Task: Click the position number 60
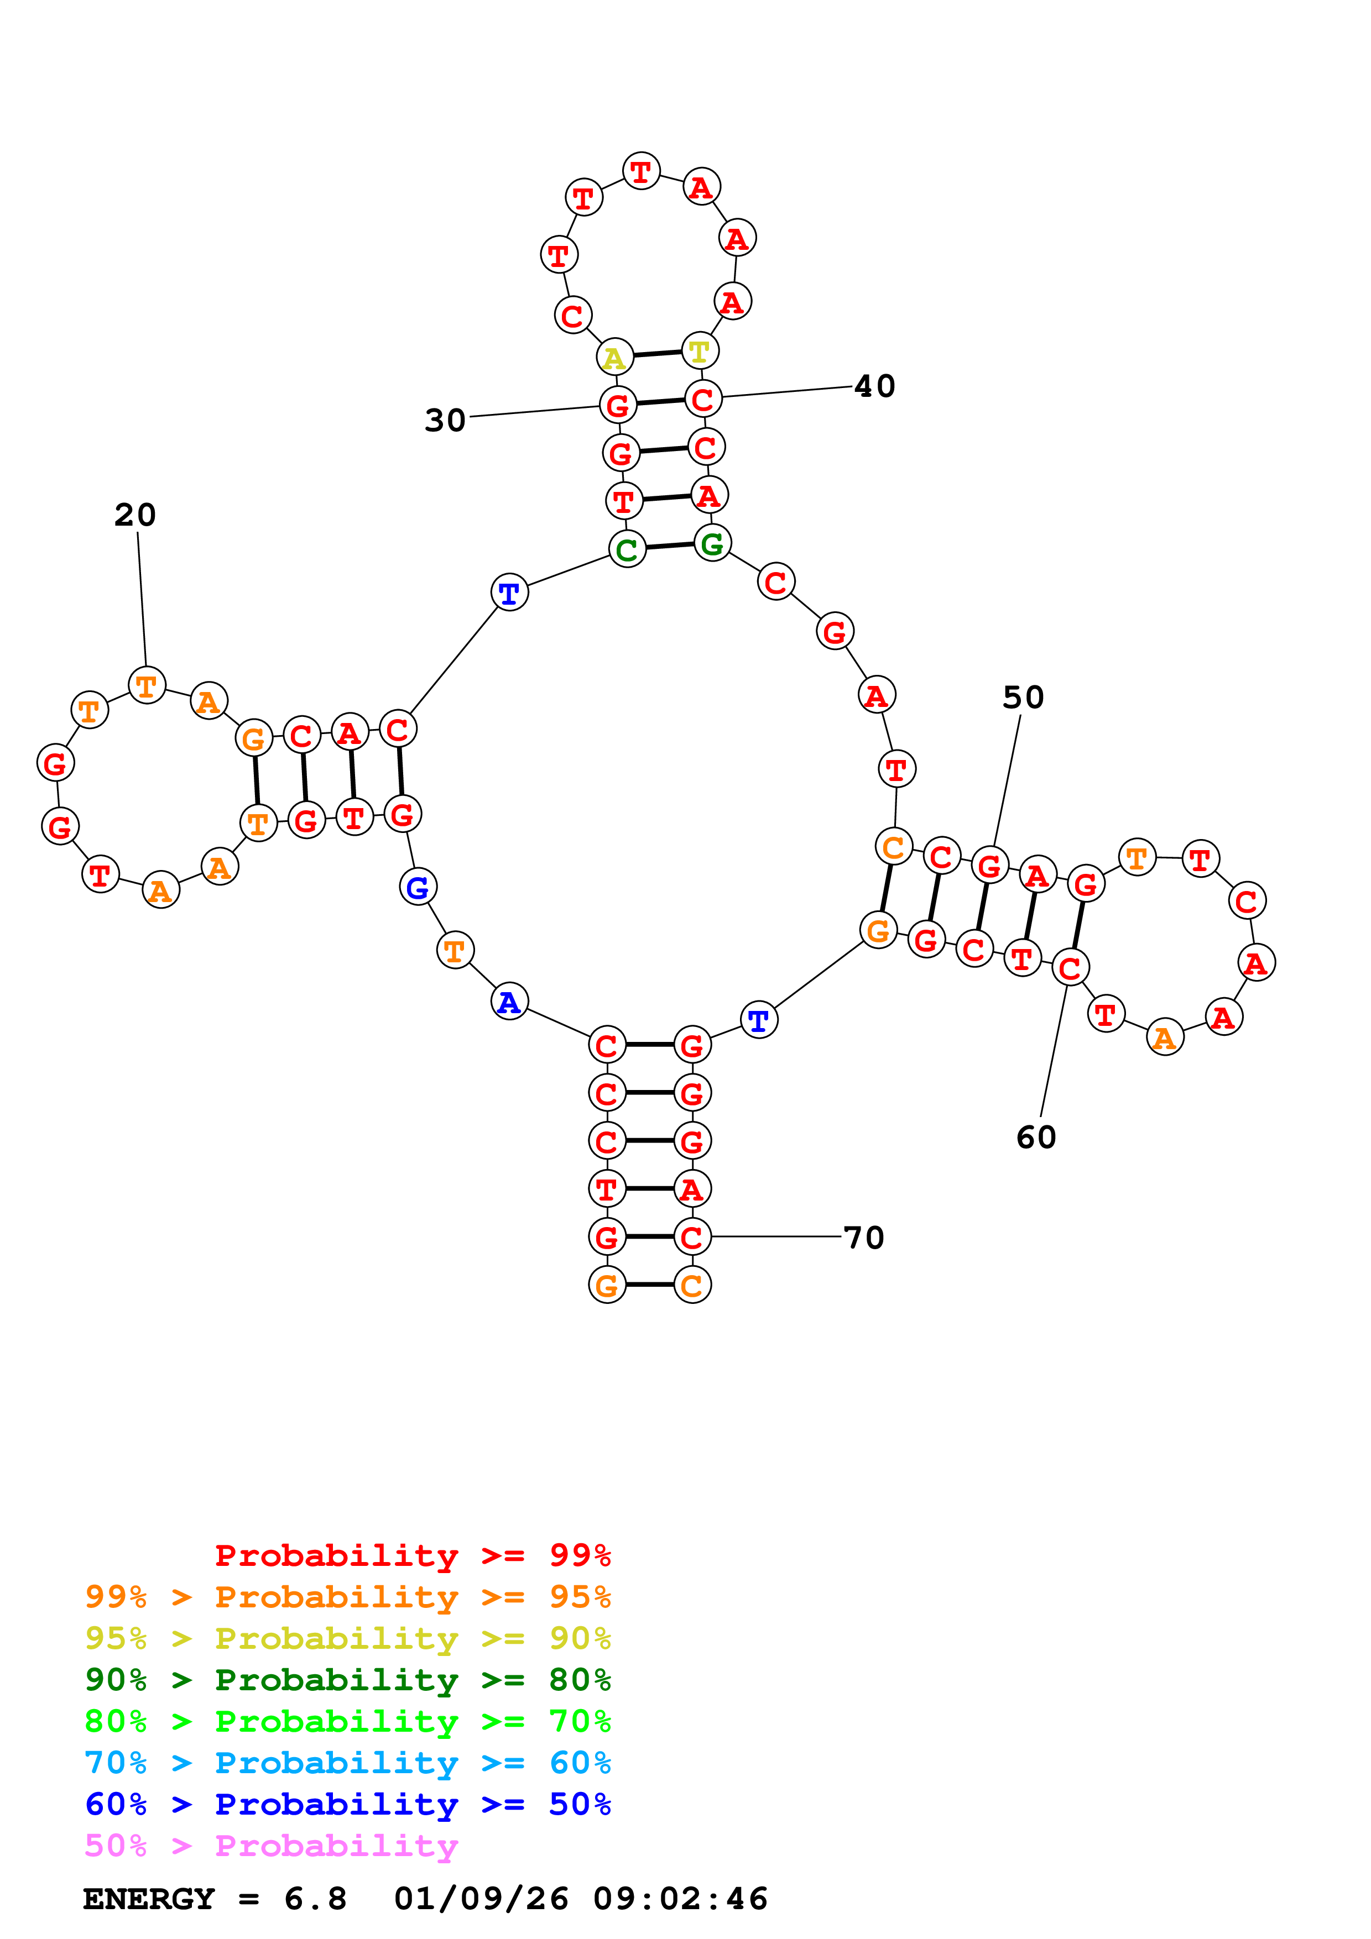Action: [1036, 1138]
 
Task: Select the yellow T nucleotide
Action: [700, 350]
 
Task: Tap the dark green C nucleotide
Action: [627, 550]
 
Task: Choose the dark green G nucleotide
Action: [712, 543]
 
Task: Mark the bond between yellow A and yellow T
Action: [657, 354]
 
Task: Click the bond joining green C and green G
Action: [669, 547]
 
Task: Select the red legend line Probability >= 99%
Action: [412, 1555]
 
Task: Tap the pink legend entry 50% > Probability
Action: [271, 1845]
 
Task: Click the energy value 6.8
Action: [315, 1899]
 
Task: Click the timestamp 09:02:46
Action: [680, 1899]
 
